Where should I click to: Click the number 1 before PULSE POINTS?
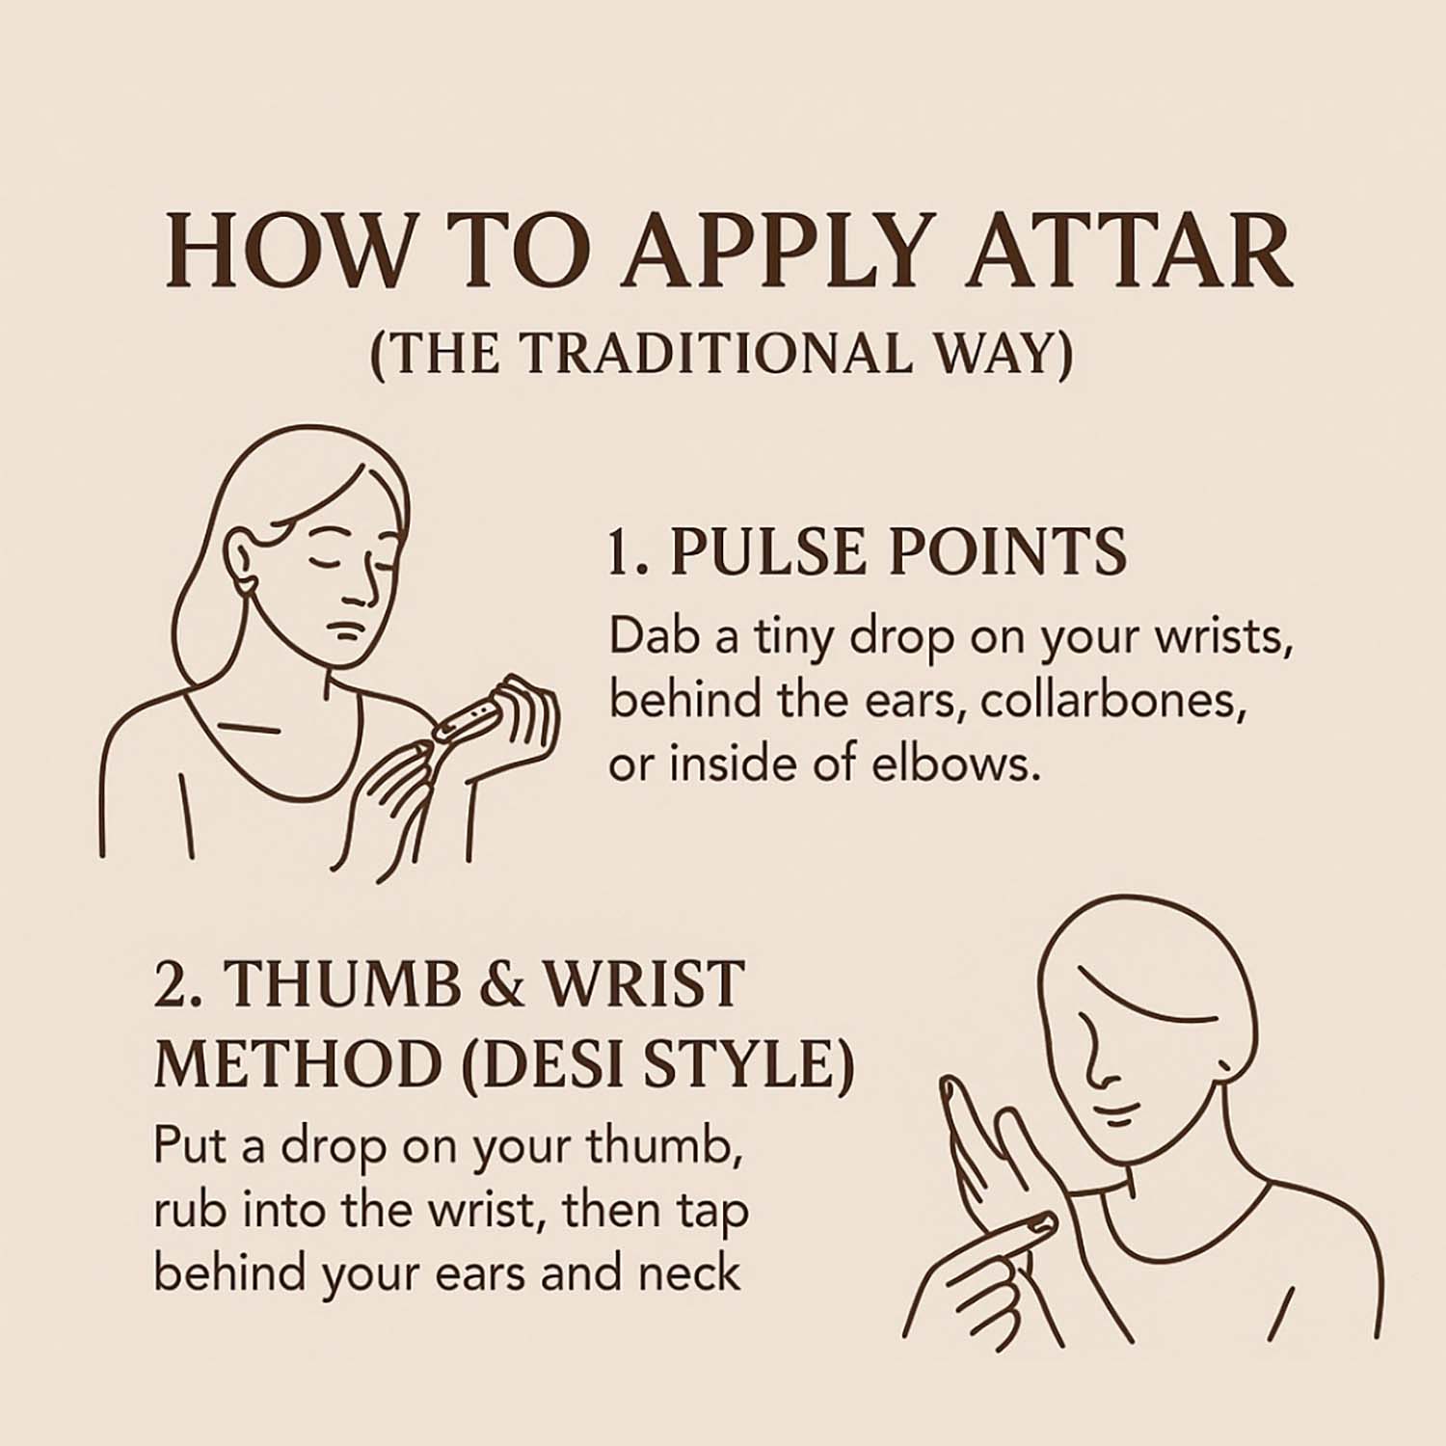pos(620,552)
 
